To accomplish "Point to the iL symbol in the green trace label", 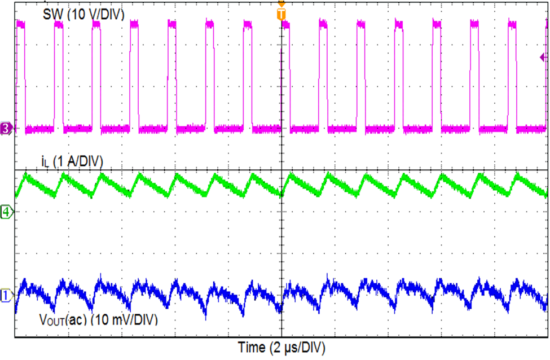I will pos(46,163).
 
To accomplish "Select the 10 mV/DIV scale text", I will pos(126,320).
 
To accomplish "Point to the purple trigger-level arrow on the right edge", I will pos(544,57).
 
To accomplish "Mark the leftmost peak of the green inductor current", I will pos(25,176).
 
